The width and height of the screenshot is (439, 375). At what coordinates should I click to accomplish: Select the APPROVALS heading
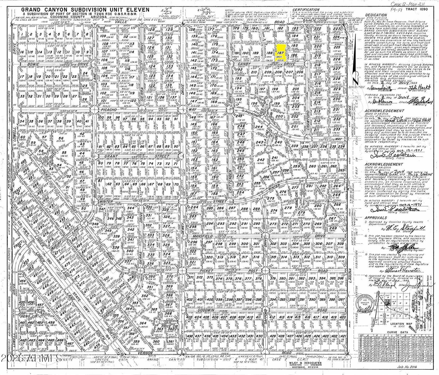375,218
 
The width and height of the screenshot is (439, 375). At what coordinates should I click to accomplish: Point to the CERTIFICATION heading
306,10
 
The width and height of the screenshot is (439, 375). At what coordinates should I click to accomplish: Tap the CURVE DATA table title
395,332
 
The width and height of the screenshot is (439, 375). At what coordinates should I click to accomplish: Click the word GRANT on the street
106,157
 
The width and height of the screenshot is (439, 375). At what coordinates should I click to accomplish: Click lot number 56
61,139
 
